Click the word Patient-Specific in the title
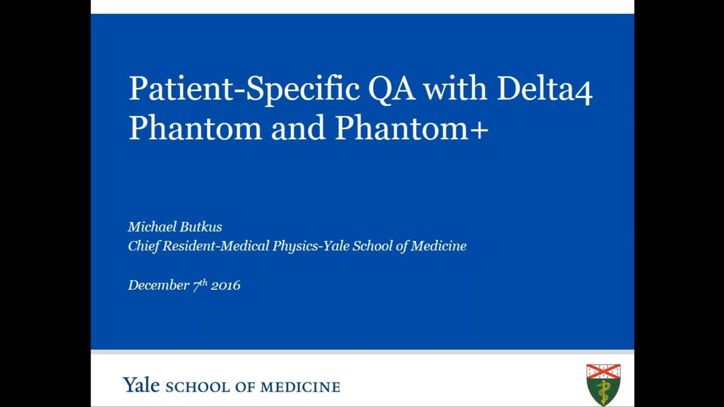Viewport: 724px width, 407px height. [244, 89]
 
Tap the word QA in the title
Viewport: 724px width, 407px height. [391, 89]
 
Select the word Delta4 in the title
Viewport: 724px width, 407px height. [544, 88]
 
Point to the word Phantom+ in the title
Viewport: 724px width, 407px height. [411, 128]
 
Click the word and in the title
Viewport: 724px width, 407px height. [297, 128]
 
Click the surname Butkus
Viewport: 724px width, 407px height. [201, 227]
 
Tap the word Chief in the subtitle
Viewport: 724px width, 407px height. [143, 246]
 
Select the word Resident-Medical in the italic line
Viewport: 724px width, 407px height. [216, 246]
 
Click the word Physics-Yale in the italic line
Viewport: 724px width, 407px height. [310, 246]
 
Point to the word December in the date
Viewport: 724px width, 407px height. [159, 285]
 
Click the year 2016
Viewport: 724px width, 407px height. [225, 285]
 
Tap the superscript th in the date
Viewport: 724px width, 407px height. [203, 282]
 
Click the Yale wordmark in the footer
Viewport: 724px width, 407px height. [141, 384]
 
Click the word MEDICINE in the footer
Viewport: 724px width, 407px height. [300, 387]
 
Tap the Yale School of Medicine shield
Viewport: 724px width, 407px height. [603, 385]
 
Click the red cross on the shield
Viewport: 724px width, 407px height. [603, 372]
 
